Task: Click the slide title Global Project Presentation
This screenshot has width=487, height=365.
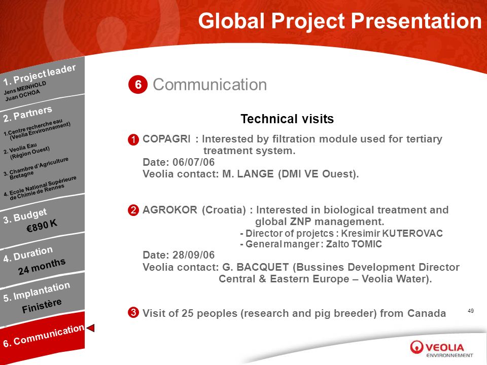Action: [x=340, y=21]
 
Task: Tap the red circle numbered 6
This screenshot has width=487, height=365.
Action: [x=138, y=85]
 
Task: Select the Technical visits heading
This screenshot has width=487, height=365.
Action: [x=287, y=119]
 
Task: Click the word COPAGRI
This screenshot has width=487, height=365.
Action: [x=166, y=139]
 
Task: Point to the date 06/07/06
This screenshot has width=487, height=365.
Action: [x=193, y=162]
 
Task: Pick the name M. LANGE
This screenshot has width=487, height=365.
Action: [x=248, y=174]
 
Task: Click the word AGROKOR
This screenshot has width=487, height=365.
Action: [x=170, y=210]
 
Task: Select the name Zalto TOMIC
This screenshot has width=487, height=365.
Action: [x=354, y=244]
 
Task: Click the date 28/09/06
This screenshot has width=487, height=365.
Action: [x=193, y=255]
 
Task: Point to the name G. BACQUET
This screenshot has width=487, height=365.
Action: [x=255, y=267]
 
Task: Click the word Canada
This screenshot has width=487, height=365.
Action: [x=427, y=313]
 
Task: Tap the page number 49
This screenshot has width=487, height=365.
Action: [x=471, y=311]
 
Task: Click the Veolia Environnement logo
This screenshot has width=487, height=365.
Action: [x=441, y=349]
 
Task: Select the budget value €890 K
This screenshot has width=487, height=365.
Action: [x=42, y=225]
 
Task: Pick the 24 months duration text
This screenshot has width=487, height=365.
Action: [x=42, y=266]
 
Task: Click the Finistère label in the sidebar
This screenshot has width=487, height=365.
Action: [x=42, y=306]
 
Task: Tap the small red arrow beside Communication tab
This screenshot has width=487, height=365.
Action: [x=90, y=328]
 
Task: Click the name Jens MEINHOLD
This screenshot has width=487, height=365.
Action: [x=25, y=88]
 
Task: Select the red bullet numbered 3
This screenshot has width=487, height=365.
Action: [x=133, y=312]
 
